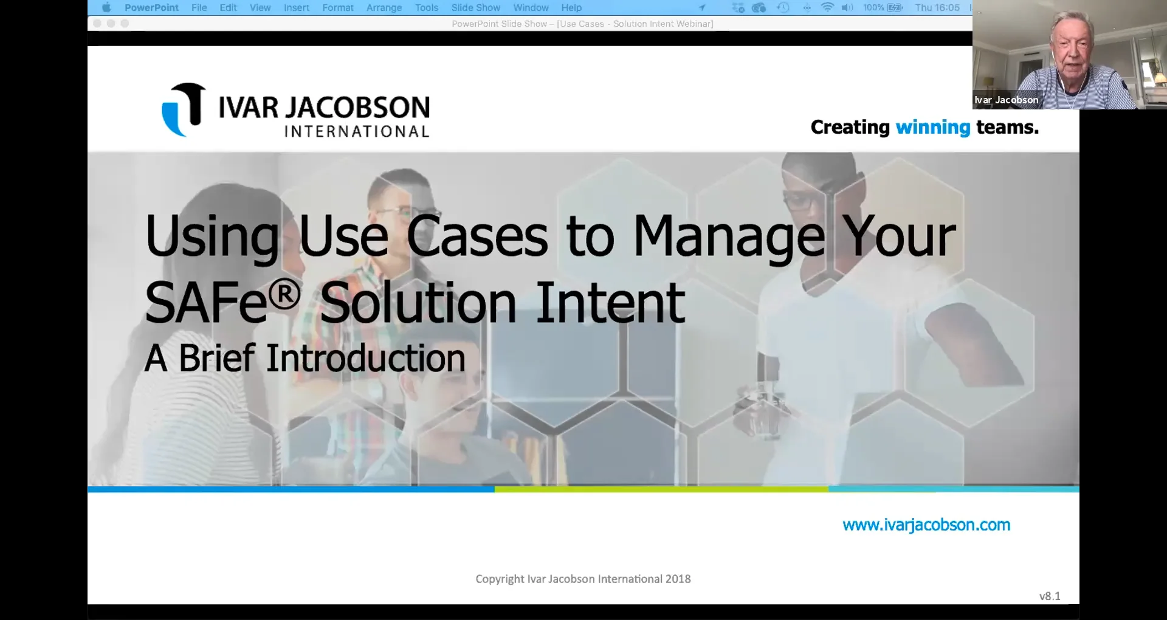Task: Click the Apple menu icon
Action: (106, 8)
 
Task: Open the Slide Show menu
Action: (475, 8)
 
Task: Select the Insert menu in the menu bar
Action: (296, 8)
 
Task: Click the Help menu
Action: (571, 8)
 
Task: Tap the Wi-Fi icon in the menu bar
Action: (827, 8)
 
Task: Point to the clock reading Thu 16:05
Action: (937, 8)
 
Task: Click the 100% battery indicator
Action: (882, 8)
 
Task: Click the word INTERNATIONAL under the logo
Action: (357, 132)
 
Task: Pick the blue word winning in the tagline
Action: (932, 127)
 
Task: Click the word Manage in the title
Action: (729, 237)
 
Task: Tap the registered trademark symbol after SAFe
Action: (284, 294)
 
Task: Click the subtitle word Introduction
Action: (366, 359)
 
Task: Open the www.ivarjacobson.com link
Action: (926, 525)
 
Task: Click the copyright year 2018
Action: (678, 579)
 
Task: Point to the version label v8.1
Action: (1049, 596)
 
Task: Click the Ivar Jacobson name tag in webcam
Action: (1006, 100)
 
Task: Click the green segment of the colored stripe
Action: (661, 489)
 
